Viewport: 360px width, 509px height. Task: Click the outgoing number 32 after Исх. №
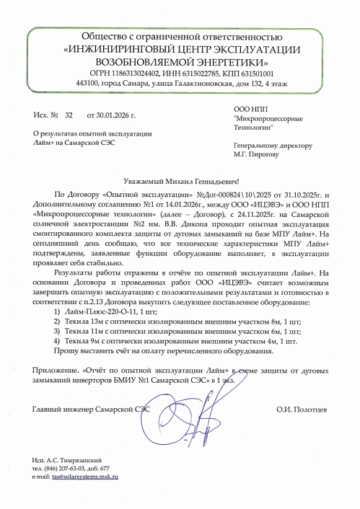[69, 115]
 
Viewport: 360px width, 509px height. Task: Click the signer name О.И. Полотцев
[302, 410]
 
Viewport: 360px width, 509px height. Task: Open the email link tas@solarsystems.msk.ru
[82, 477]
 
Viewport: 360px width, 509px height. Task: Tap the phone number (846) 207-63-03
[69, 468]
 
